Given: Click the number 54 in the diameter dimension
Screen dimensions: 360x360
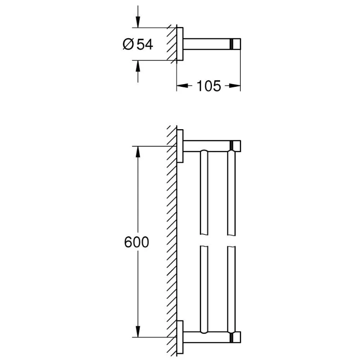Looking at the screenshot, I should (144, 44).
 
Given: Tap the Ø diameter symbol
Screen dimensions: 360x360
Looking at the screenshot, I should (127, 44).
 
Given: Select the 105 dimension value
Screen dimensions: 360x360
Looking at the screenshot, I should (208, 85).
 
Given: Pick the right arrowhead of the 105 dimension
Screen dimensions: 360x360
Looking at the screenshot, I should (235, 85).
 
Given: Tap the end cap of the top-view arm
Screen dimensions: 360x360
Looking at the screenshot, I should (235, 44).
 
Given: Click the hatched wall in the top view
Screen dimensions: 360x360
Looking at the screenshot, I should (171, 44).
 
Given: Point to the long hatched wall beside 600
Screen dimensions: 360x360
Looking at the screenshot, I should (171, 243).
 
